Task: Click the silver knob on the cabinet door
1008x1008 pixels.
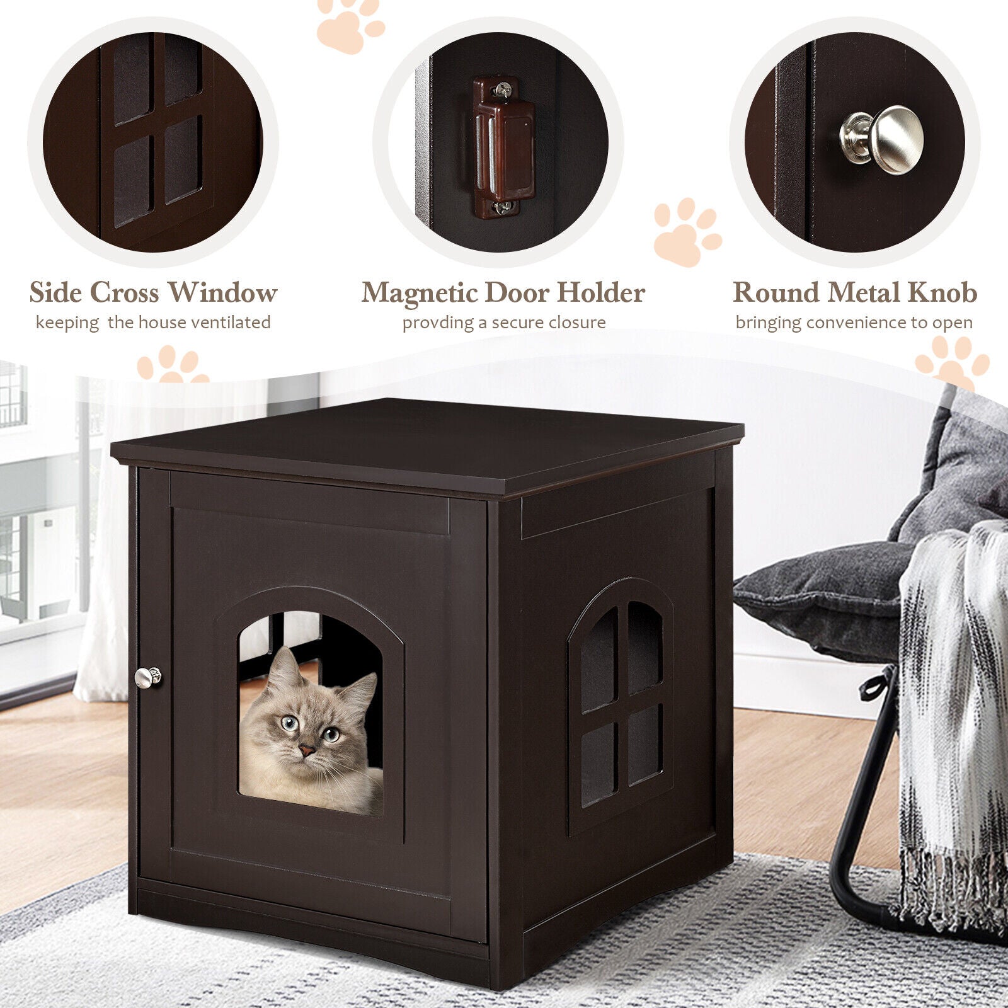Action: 147,677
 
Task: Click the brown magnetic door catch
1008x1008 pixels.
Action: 503,147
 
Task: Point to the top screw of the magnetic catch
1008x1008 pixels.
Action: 502,90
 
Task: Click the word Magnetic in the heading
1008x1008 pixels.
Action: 418,294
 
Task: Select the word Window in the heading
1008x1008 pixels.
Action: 222,292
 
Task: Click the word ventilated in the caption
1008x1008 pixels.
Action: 231,323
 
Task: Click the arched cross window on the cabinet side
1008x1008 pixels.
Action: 621,706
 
